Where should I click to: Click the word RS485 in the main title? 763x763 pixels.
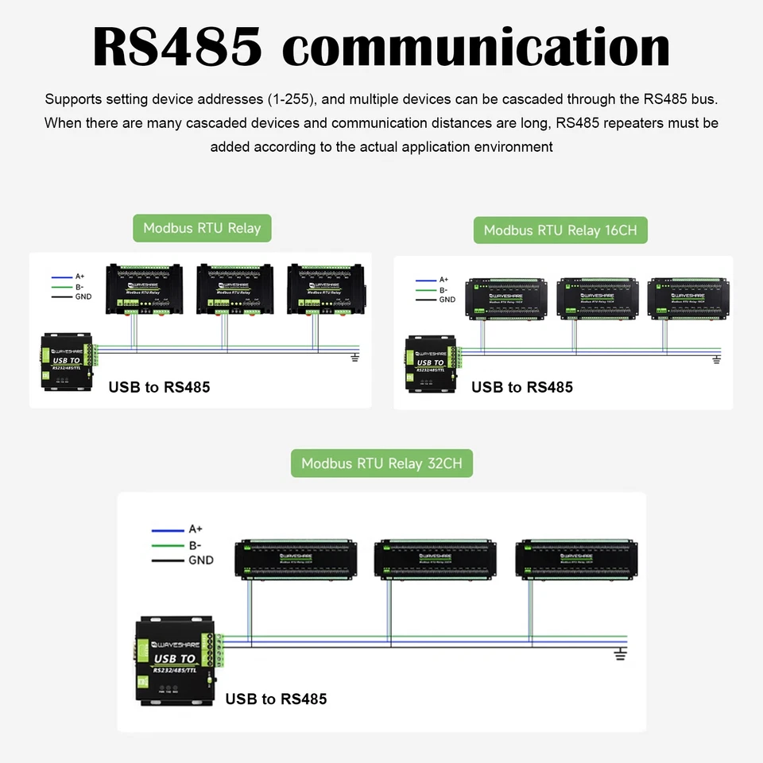pos(177,47)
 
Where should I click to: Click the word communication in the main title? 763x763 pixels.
pos(476,47)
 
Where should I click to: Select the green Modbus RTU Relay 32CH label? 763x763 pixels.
pos(381,463)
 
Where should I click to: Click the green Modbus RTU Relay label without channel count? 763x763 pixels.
pos(202,228)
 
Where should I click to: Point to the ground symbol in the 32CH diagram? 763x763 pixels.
pos(622,653)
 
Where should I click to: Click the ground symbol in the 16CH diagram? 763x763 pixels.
pos(716,360)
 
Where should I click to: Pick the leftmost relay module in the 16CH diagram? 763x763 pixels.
pos(506,297)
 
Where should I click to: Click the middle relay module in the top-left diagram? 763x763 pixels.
pos(235,289)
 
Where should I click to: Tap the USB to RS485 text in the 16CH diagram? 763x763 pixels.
pos(521,387)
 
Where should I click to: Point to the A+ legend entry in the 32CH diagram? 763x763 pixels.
pos(196,529)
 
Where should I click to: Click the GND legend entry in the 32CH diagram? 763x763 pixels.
pos(200,560)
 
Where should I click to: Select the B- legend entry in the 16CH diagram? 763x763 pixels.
pos(443,290)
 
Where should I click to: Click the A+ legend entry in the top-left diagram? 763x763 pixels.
pos(79,277)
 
